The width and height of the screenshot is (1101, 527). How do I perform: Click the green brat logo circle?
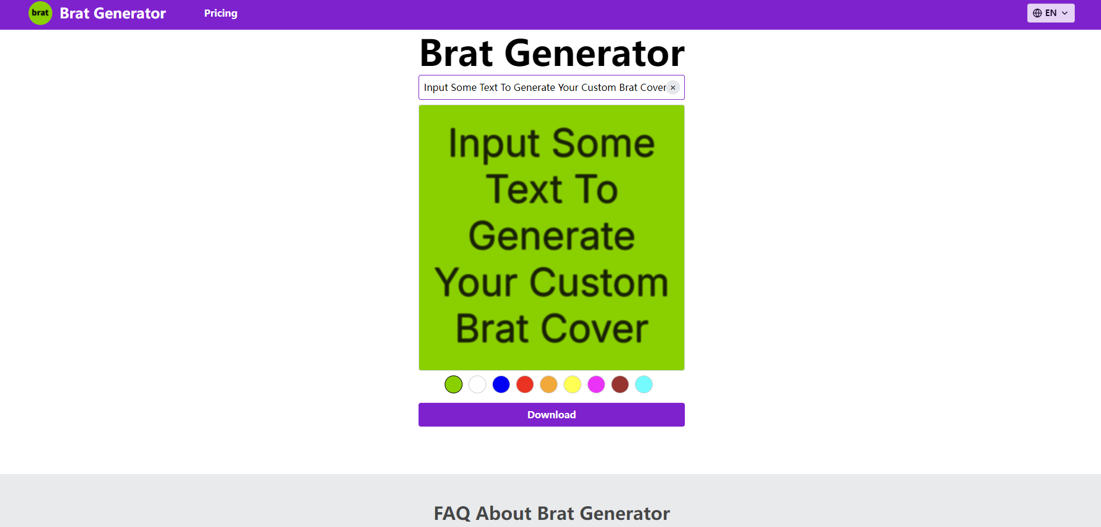click(40, 13)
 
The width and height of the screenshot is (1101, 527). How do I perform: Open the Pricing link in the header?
click(221, 13)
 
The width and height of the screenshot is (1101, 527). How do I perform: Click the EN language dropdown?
click(1050, 13)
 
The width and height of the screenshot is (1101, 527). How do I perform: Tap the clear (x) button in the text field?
click(673, 87)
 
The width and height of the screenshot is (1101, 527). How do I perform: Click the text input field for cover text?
click(544, 87)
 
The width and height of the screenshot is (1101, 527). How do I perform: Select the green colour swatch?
click(454, 384)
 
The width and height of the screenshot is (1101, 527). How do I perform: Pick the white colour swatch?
click(477, 384)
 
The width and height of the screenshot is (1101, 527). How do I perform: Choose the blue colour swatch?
click(501, 384)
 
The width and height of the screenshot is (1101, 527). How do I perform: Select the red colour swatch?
click(525, 384)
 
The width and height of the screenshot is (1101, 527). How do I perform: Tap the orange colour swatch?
click(549, 384)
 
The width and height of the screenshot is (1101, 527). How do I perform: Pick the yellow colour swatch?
click(572, 384)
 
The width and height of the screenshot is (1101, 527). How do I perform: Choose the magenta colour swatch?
click(596, 384)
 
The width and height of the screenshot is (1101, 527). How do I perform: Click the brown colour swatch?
click(620, 384)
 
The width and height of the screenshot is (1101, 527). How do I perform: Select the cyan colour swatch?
click(644, 384)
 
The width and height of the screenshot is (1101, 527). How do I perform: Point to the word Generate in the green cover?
click(552, 235)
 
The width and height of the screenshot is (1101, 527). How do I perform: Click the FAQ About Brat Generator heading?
click(552, 513)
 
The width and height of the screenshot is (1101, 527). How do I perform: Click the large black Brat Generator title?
click(552, 53)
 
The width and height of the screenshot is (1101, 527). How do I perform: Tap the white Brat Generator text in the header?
click(113, 13)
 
